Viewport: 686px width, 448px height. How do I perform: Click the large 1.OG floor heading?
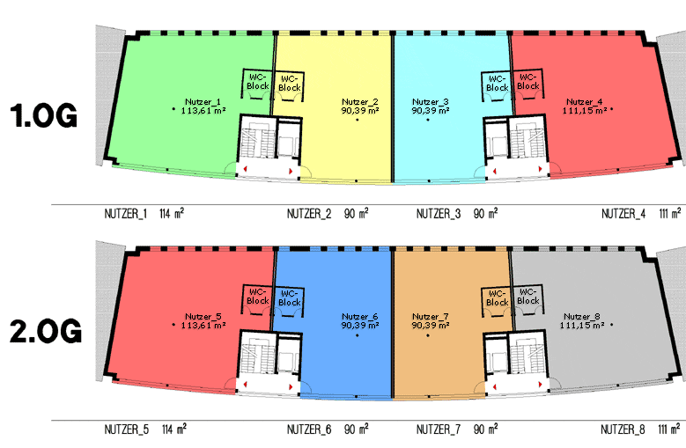44,115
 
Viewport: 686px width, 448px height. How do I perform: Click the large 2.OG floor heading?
46,331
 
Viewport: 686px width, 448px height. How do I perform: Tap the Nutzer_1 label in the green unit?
203,102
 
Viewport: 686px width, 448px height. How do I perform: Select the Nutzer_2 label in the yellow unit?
359,102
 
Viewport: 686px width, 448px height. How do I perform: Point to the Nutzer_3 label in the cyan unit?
430,102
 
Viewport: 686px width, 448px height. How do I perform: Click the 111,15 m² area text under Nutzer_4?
585,111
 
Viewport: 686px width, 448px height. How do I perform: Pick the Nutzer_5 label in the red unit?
203,317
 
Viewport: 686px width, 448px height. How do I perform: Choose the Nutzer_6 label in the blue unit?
359,317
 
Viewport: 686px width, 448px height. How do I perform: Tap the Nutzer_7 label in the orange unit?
430,317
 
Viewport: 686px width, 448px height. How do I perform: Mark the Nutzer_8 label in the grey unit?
582,317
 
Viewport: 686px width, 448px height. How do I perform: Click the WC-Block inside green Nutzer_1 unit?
258,82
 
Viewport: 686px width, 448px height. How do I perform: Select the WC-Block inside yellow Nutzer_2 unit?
290,84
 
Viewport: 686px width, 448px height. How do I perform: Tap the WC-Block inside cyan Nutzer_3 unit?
497,84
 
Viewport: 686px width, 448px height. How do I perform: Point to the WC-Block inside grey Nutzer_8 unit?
528,297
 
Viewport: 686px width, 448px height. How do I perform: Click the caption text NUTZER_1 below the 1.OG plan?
126,214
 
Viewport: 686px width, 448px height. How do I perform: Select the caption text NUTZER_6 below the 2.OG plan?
309,430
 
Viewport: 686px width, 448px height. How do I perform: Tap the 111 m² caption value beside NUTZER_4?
670,213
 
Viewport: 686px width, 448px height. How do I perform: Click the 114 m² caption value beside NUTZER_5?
174,430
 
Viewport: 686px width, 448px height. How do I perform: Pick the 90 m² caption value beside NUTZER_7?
485,430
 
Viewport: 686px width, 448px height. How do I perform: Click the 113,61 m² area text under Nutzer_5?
203,325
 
